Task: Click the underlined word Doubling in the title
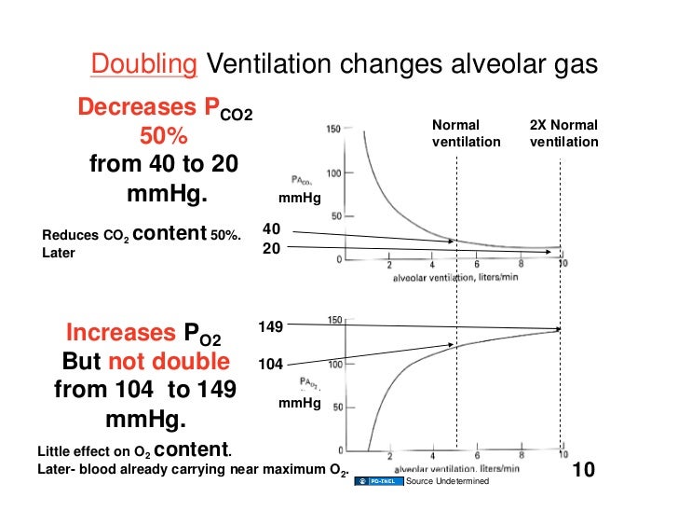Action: pyautogui.click(x=144, y=63)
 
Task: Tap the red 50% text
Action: pyautogui.click(x=164, y=137)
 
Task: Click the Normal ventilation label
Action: pyautogui.click(x=466, y=133)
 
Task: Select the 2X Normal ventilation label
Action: pyautogui.click(x=563, y=133)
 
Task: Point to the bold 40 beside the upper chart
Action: pyautogui.click(x=271, y=228)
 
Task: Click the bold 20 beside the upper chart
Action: pyautogui.click(x=271, y=248)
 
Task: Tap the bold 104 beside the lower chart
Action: pyautogui.click(x=270, y=366)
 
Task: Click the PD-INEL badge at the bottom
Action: pyautogui.click(x=379, y=480)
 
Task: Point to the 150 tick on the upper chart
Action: pyautogui.click(x=332, y=129)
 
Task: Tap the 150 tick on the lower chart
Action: pyautogui.click(x=332, y=321)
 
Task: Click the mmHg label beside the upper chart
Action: pyautogui.click(x=300, y=199)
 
